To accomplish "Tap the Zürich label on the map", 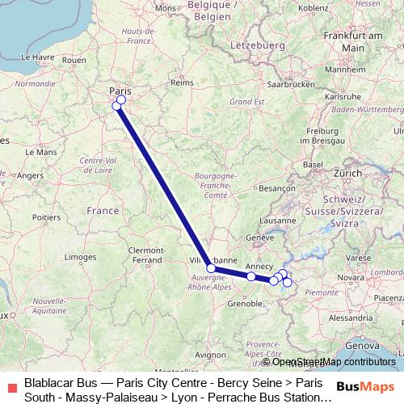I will coord(348,173).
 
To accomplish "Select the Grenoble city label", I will coord(244,304).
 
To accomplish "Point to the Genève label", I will coord(260,238).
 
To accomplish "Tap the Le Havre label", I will coord(36,57).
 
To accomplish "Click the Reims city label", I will coord(183,82).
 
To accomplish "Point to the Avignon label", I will coord(211,354).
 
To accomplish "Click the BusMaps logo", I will coord(366,386).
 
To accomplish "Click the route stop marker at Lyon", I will coord(211,268).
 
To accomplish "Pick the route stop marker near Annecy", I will coord(251,276).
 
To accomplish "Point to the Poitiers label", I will coord(47,217).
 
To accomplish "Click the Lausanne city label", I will coord(278,219).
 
